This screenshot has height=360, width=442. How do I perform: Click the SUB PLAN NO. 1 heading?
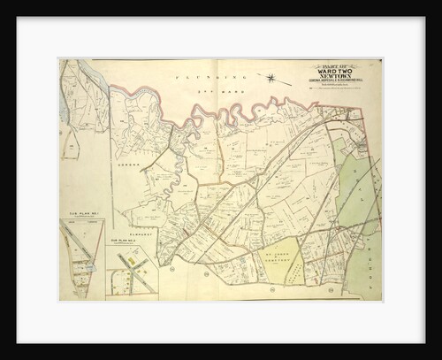(x=82, y=213)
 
